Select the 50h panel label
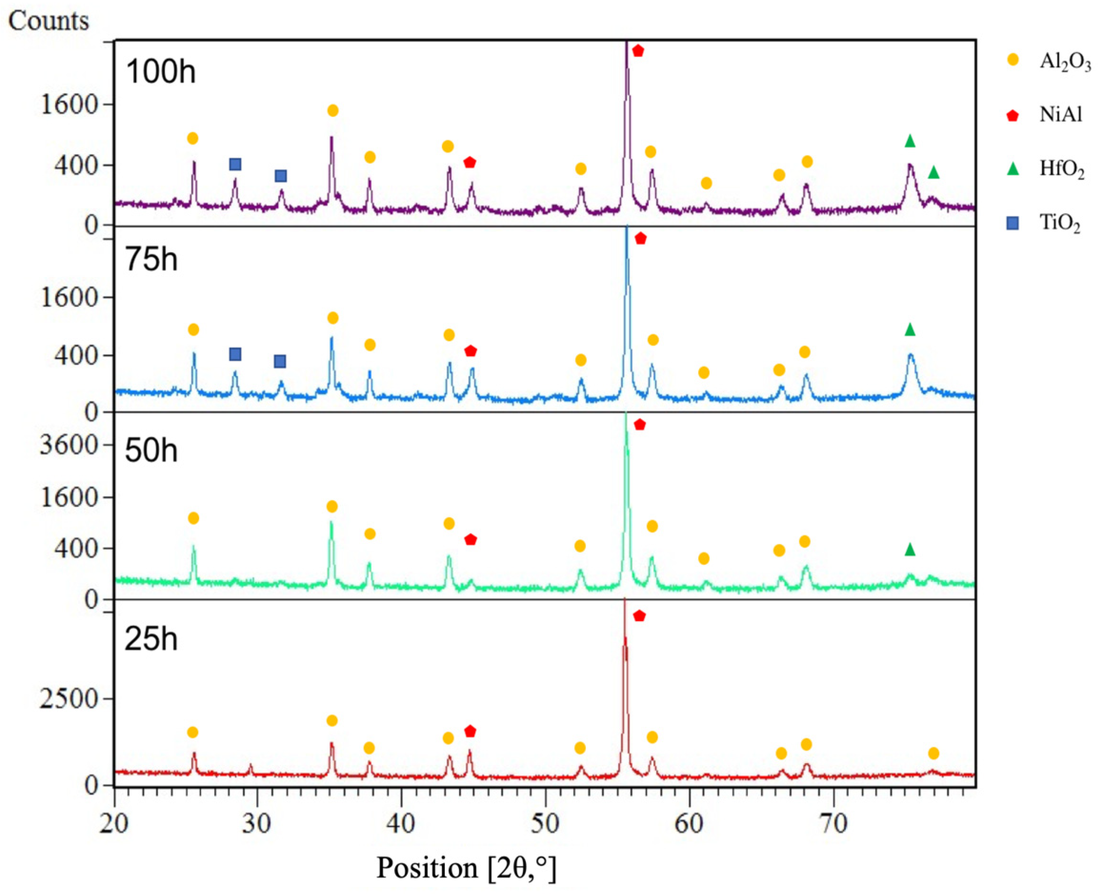[151, 450]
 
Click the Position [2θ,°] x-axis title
[467, 868]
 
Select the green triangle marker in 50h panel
[910, 550]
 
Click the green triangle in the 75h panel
[910, 330]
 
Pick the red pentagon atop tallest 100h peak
[638, 51]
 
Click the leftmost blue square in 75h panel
[235, 354]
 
